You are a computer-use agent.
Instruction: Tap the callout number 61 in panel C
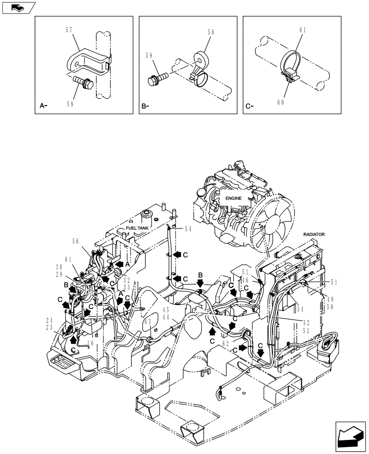pos(302,30)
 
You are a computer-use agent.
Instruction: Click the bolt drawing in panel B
pos(156,79)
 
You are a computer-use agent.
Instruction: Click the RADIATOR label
pos(314,234)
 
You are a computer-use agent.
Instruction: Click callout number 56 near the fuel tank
pos(75,242)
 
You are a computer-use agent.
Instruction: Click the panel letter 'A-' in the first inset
pos(44,106)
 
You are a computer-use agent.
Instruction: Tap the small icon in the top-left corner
pos(18,7)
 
